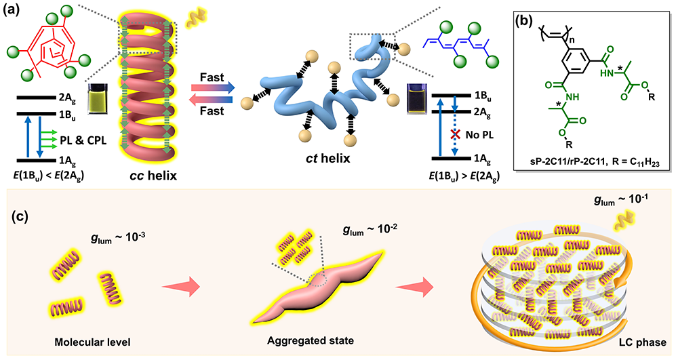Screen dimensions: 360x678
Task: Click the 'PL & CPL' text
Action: click(86, 140)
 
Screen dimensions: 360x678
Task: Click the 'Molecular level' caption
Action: click(79, 337)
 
